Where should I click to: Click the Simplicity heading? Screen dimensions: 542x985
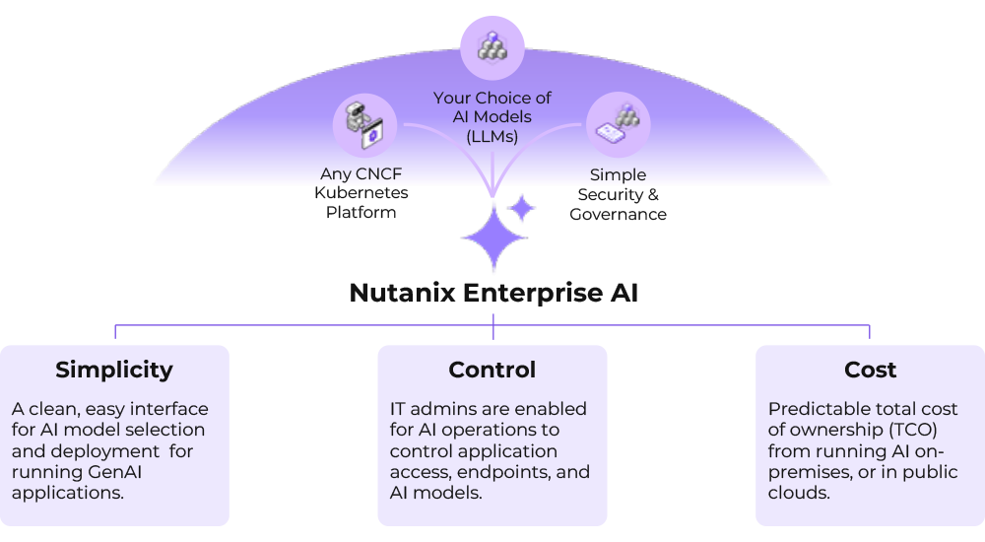coord(114,370)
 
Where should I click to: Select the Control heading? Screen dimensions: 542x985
coord(492,370)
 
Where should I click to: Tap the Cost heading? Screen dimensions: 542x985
coord(871,370)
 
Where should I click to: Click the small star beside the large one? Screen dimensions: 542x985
coord(521,209)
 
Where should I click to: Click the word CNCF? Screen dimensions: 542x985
coord(377,174)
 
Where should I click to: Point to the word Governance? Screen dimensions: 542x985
coord(618,214)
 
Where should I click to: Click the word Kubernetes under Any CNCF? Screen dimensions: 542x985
coord(361,193)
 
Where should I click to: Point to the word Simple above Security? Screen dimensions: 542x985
coord(618,175)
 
